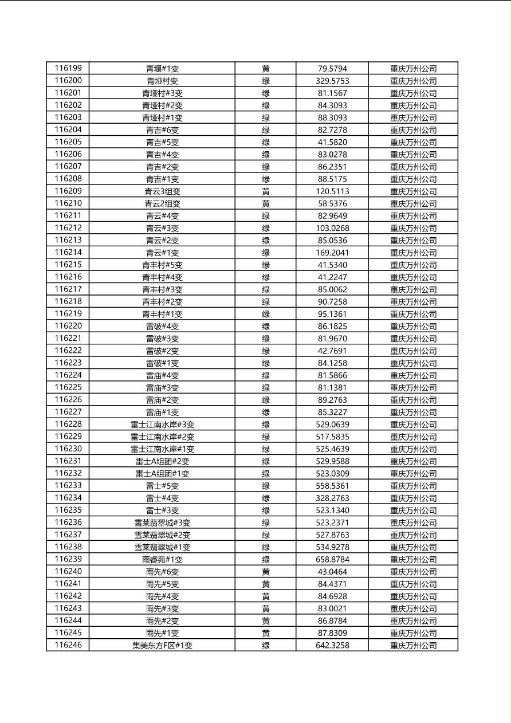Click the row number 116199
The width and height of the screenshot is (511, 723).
pos(68,69)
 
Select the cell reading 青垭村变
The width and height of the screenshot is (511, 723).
pos(162,81)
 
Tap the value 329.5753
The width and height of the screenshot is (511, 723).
pos(332,81)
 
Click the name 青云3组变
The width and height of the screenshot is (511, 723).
pos(162,191)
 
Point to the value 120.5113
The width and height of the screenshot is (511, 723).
pos(332,191)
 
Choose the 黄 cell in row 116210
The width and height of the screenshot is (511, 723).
pos(266,203)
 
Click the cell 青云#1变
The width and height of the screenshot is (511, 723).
pos(162,253)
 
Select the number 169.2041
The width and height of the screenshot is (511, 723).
pos(332,253)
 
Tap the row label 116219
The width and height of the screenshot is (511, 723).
pos(68,314)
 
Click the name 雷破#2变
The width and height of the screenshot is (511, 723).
pos(162,351)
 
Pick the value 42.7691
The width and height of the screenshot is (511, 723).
pos(332,351)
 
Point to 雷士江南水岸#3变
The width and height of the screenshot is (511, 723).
pos(162,425)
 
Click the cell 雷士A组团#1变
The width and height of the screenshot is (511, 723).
pos(162,473)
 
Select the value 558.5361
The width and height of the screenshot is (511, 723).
pos(332,486)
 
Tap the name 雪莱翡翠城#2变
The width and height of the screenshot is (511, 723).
pos(162,535)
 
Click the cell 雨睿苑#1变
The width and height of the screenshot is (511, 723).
pos(162,559)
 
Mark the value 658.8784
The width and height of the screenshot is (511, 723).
pos(332,559)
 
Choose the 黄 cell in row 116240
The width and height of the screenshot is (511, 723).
pos(266,572)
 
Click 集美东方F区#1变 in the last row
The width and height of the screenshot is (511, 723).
pos(162,645)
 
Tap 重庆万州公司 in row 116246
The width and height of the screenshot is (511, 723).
pos(413,645)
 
